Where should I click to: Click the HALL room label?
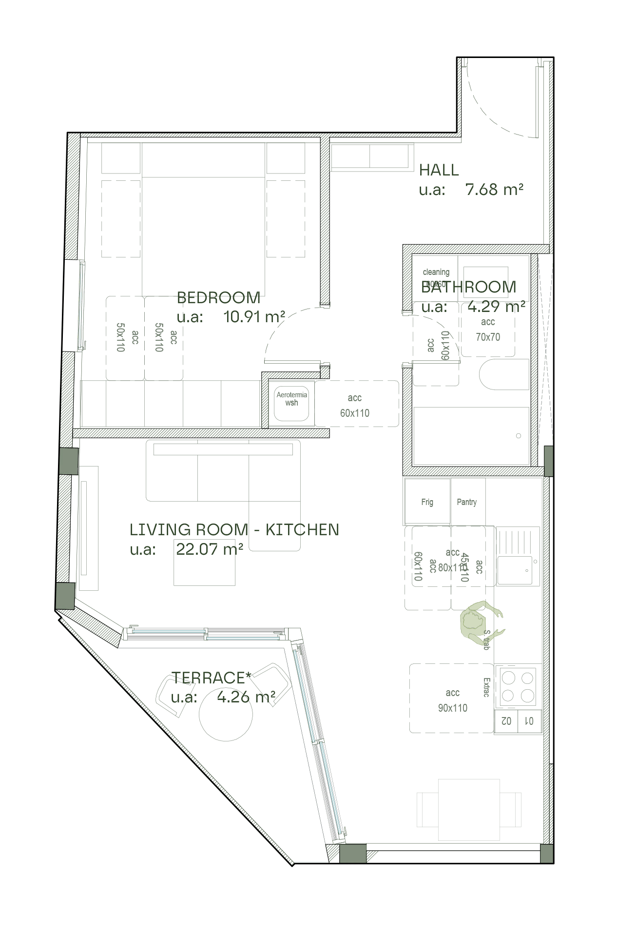439,170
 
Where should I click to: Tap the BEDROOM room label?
218,297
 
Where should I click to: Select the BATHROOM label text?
468,287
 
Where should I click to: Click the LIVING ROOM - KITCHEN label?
234,529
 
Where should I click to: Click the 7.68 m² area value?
494,189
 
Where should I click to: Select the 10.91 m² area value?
253,317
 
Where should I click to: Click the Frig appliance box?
427,502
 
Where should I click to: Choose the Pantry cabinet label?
466,502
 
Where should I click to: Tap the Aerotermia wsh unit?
291,403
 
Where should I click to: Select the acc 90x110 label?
452,700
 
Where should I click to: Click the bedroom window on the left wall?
81,306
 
